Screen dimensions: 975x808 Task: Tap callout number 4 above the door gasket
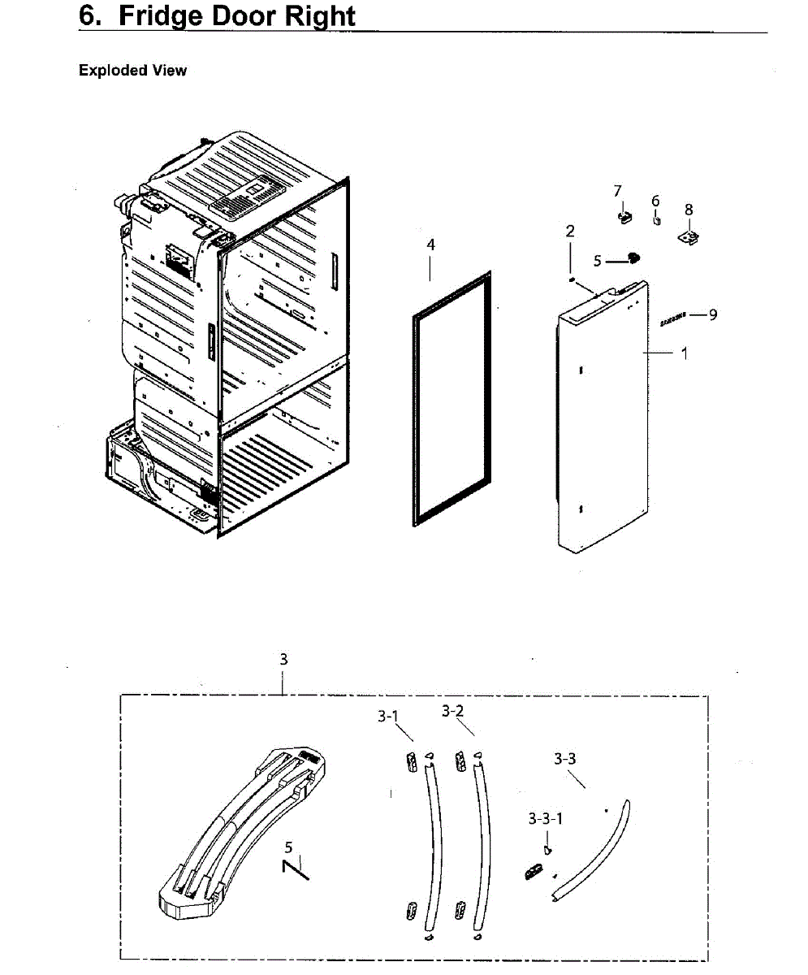click(431, 245)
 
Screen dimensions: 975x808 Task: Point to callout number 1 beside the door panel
click(685, 353)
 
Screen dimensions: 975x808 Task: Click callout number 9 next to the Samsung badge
click(713, 314)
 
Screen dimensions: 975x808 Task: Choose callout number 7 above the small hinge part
click(618, 191)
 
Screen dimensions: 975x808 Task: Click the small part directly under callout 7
click(625, 217)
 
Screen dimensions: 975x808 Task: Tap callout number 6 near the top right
click(655, 201)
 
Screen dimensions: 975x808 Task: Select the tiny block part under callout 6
click(657, 220)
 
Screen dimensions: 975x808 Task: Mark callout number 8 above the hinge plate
click(689, 210)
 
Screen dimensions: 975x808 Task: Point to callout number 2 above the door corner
click(570, 232)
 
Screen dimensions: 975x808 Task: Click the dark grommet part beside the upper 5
click(633, 258)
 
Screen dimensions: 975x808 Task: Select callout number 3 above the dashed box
click(283, 660)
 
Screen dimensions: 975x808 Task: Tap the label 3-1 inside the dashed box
click(388, 717)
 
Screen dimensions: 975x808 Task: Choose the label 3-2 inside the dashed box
click(453, 711)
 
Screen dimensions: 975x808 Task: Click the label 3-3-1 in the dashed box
click(546, 818)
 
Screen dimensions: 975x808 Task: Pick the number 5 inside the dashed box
click(288, 847)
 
